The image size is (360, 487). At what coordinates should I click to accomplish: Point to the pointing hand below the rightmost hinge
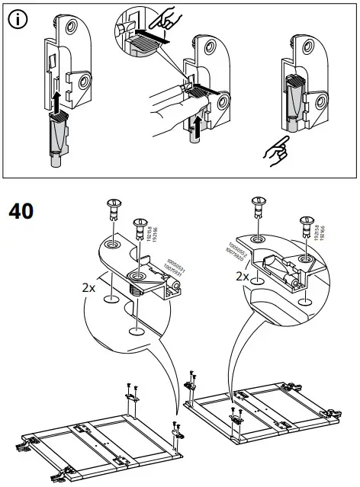[x=276, y=149]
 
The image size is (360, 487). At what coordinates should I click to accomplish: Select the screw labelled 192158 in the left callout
[x=139, y=226]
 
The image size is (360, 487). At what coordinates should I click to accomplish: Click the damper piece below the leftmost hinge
[x=57, y=138]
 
